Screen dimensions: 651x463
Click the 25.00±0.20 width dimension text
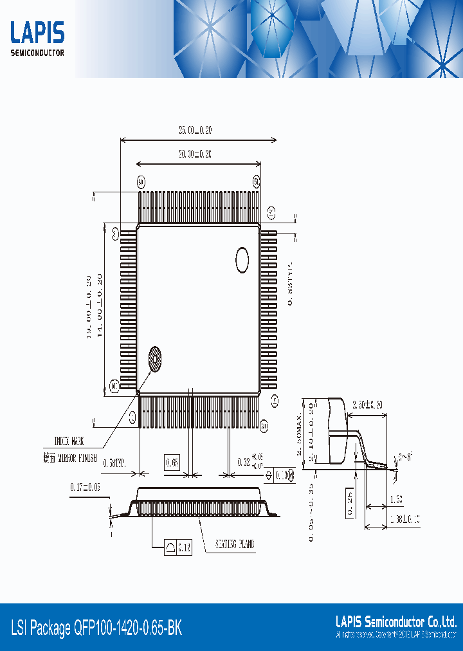click(x=195, y=131)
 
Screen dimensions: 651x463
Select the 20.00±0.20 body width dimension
click(x=195, y=154)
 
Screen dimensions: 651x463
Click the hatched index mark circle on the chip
click(x=155, y=359)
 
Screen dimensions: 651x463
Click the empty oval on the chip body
click(x=242, y=260)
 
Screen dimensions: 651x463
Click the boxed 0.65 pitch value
click(x=172, y=463)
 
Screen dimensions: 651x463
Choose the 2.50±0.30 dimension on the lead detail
click(x=367, y=405)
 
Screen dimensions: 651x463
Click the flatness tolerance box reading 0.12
click(x=177, y=547)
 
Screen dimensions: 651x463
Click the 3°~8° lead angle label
click(x=406, y=456)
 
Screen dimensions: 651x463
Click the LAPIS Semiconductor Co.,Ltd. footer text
click(x=396, y=621)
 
